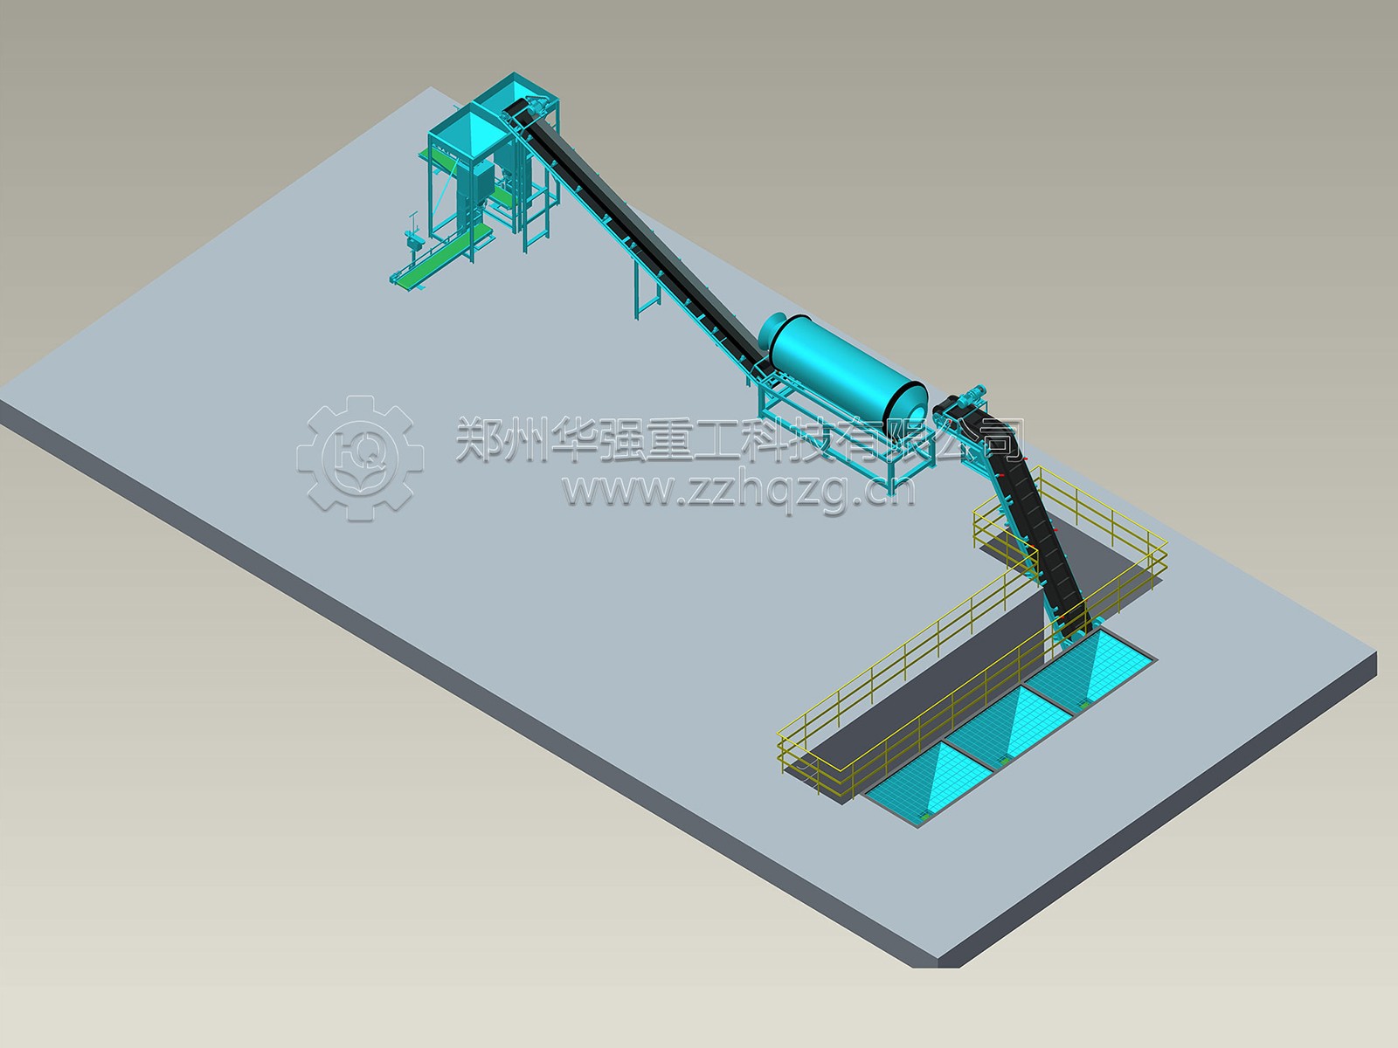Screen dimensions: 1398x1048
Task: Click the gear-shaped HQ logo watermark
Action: [x=361, y=458]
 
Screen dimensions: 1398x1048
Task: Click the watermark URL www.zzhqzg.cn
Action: [x=739, y=492]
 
